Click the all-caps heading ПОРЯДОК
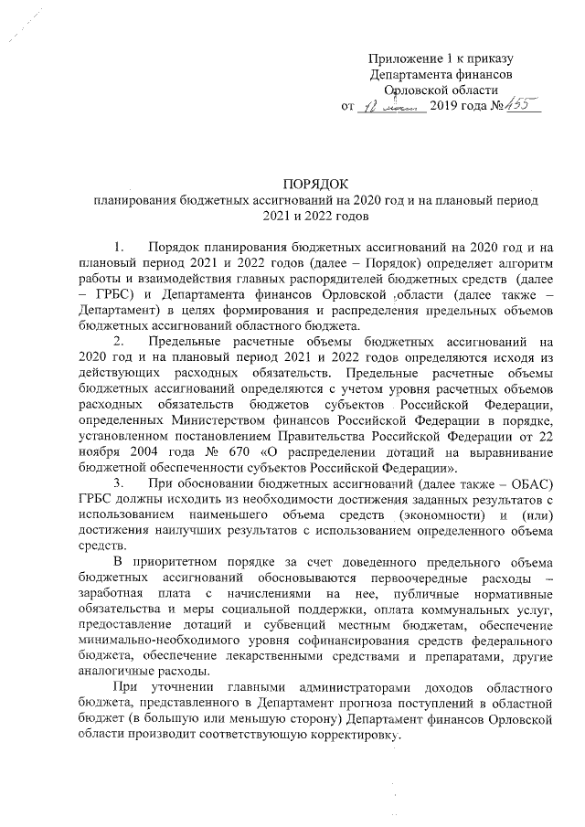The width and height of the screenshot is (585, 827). click(315, 183)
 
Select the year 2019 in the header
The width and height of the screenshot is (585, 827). click(446, 107)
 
